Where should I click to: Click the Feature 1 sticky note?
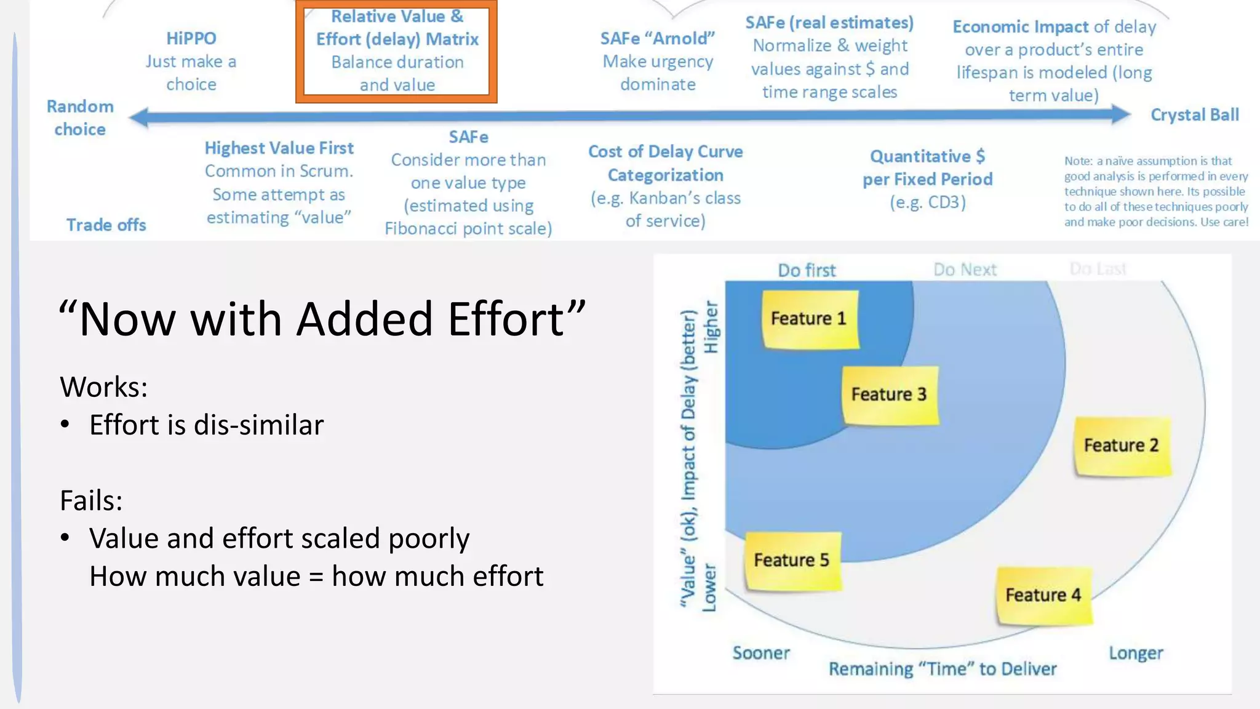coord(810,319)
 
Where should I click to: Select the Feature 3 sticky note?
coord(890,395)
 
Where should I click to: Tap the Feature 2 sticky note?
coord(1122,446)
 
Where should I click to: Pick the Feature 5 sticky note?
coord(792,560)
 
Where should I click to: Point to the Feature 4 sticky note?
coord(1043,595)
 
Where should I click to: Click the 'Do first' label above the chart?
coord(807,270)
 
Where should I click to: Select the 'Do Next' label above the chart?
coord(965,270)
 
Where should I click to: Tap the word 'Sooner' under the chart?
coord(761,653)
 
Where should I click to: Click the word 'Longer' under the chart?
coord(1136,653)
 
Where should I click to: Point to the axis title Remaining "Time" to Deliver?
coord(943,669)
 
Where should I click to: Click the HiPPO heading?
coord(191,38)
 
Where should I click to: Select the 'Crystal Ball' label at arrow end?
coord(1194,115)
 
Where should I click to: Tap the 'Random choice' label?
coord(80,118)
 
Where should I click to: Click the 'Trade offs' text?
coord(106,225)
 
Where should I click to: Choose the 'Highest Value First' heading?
coord(279,148)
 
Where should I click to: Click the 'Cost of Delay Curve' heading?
coord(665,152)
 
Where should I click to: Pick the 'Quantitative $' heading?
coord(927,156)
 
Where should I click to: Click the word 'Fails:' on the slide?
coord(91,500)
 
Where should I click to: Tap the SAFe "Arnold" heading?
coord(657,38)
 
